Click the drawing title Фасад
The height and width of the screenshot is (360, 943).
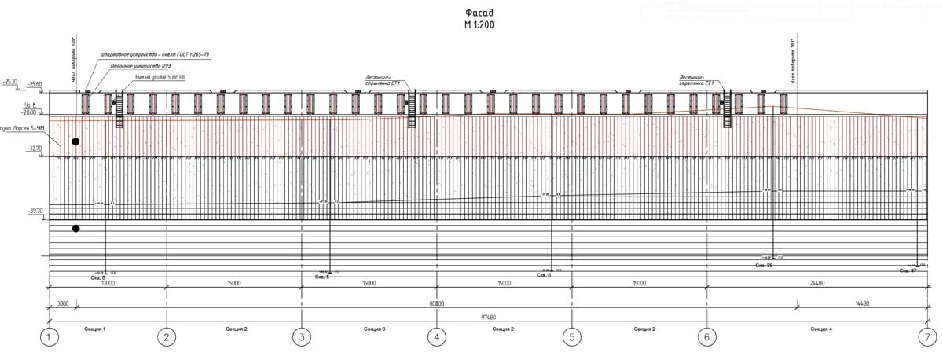pyautogui.click(x=479, y=13)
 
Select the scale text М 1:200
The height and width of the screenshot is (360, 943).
pyautogui.click(x=479, y=25)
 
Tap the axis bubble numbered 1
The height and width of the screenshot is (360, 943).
pyautogui.click(x=50, y=338)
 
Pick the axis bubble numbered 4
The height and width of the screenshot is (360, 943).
pyautogui.click(x=436, y=338)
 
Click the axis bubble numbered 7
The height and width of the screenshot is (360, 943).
pyautogui.click(x=926, y=338)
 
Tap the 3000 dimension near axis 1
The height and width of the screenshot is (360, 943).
pyautogui.click(x=62, y=303)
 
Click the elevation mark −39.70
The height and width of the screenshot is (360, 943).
pyautogui.click(x=33, y=211)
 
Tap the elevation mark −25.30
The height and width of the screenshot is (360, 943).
pyautogui.click(x=10, y=81)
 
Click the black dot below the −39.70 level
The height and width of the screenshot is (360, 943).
pyautogui.click(x=76, y=229)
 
